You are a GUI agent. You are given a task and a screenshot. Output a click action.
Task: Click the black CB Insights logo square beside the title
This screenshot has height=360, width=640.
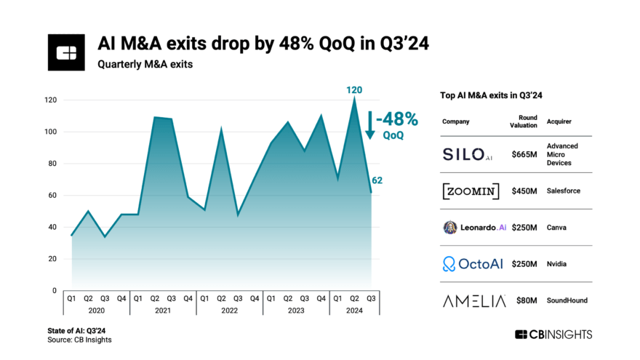click(x=67, y=52)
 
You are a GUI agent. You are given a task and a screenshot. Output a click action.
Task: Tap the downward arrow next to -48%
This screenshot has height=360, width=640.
click(x=370, y=125)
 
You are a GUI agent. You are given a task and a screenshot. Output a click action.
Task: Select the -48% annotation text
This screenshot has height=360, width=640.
click(x=398, y=119)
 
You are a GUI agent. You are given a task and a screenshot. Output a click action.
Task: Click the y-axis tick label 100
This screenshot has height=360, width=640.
click(x=49, y=132)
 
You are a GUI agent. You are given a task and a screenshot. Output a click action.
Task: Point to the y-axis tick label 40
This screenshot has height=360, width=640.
click(x=52, y=227)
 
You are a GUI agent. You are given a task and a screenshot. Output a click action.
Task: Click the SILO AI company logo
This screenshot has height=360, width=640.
click(x=471, y=154)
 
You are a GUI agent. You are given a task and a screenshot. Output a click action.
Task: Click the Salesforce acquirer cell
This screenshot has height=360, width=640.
click(x=564, y=191)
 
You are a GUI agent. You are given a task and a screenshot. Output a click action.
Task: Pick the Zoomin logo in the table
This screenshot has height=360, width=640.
click(x=471, y=191)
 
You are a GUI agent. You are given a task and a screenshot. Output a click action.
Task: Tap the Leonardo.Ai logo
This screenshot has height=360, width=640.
click(x=474, y=228)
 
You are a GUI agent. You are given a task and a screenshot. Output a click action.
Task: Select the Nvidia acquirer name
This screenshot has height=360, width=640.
click(x=558, y=264)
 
